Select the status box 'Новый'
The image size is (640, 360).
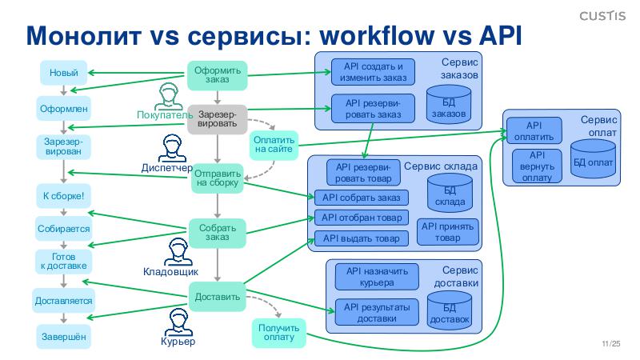pyautogui.click(x=63, y=74)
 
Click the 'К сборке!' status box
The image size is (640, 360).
pyautogui.click(x=63, y=195)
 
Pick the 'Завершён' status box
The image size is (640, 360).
pyautogui.click(x=63, y=337)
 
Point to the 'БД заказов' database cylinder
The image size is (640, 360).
pyautogui.click(x=447, y=104)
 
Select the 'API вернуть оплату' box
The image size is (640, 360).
pyautogui.click(x=536, y=166)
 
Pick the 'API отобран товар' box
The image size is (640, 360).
pyautogui.click(x=361, y=218)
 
